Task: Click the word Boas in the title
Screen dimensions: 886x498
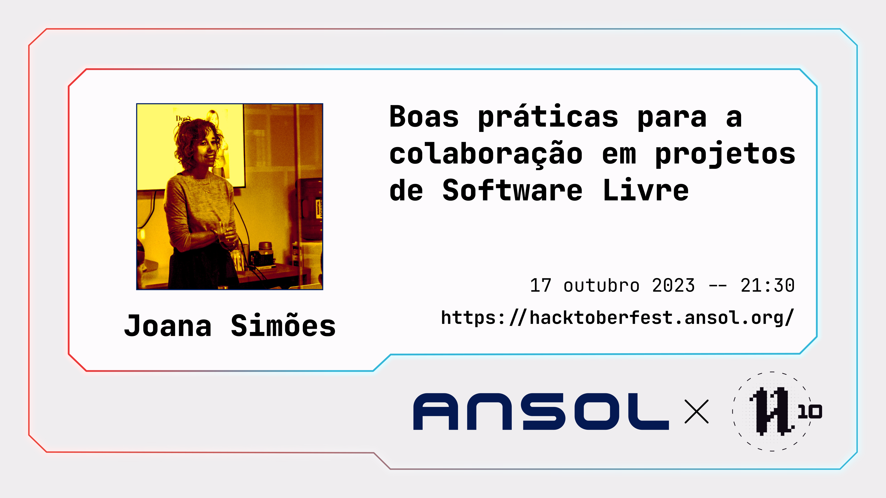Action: [424, 117]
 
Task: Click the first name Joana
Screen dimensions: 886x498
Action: [168, 326]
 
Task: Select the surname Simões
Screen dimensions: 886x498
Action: [283, 325]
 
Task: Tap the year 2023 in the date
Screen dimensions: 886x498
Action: [673, 285]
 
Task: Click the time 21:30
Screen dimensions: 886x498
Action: [768, 285]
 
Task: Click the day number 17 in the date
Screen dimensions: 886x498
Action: [541, 285]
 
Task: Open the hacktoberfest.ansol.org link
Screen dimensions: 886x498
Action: [618, 317]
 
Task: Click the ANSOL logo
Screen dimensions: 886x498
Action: [541, 411]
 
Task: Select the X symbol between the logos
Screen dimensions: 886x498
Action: [697, 411]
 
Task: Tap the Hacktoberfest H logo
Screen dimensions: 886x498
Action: [772, 411]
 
